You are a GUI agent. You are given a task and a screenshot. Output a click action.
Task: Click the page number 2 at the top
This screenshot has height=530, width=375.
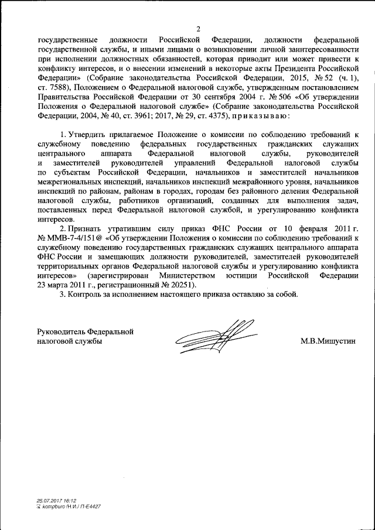(198, 29)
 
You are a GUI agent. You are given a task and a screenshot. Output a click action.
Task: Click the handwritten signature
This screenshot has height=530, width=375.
(213, 334)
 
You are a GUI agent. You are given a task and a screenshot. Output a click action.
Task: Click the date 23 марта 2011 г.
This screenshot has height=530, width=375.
(67, 284)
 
